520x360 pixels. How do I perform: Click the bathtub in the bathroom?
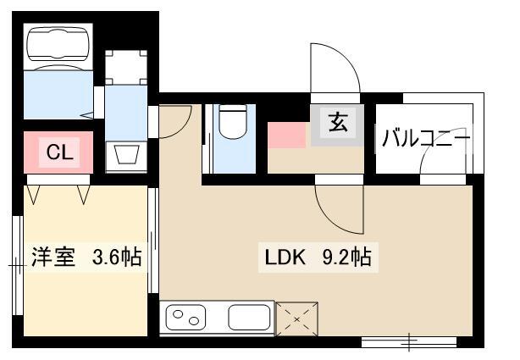58,47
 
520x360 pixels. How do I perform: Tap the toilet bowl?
233,121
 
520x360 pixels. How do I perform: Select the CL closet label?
59,152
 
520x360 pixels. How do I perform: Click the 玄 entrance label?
338,122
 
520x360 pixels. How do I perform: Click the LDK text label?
285,258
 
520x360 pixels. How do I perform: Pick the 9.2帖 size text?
346,258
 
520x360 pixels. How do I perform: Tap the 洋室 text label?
53,257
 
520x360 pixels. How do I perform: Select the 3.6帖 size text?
117,257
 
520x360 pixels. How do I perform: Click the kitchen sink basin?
249,317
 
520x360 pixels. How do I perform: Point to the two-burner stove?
185,317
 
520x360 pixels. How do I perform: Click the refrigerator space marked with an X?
296,318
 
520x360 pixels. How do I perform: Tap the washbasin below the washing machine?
126,157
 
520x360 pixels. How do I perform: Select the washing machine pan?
126,68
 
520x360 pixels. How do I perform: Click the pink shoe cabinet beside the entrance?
286,135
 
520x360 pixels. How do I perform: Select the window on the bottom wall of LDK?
409,341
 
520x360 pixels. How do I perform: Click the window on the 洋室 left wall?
18,265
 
